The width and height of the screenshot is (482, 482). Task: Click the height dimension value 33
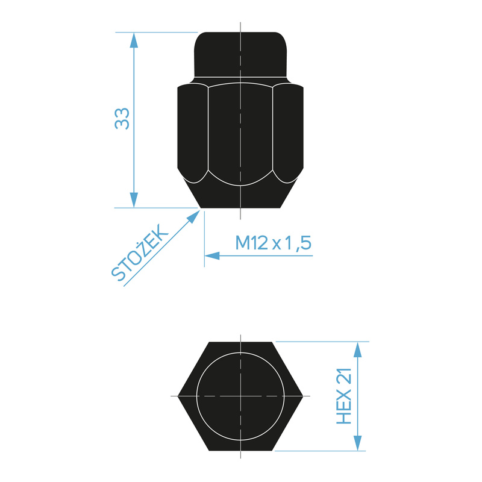pyautogui.click(x=122, y=119)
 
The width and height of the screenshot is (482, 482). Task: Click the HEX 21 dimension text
pyautogui.click(x=344, y=396)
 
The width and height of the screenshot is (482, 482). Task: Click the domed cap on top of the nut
pyautogui.click(x=240, y=54)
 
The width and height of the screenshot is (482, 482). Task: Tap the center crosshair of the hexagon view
pyautogui.click(x=240, y=396)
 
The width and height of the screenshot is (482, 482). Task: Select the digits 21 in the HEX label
pyautogui.click(x=344, y=378)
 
